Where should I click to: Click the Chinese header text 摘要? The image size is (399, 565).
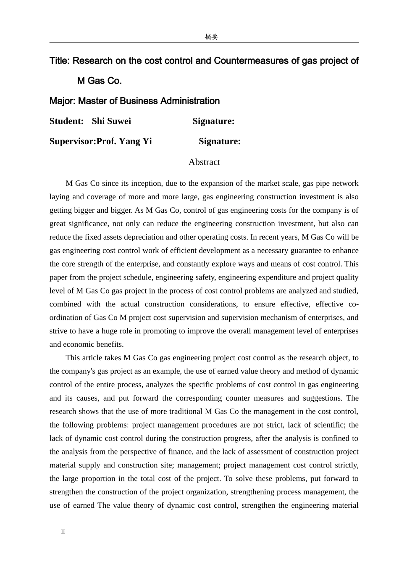point(211,37)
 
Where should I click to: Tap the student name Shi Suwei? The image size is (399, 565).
point(111,121)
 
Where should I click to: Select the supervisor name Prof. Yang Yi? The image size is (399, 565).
point(124,142)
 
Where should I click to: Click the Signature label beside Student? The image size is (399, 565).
point(213,121)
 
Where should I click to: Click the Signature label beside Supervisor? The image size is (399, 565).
point(220,142)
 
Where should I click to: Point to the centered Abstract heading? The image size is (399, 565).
point(204,162)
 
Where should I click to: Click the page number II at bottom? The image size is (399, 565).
point(63,532)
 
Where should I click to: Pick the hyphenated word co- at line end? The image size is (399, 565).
point(354,304)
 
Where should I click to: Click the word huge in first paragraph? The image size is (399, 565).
point(109,331)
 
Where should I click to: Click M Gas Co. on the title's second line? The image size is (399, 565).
point(100,81)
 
